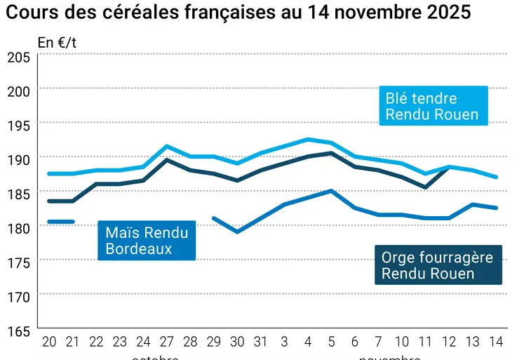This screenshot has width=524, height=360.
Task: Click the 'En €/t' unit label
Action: (x=58, y=42)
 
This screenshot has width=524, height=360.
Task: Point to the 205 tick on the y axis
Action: (x=18, y=57)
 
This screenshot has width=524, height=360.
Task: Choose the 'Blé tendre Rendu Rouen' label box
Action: (x=433, y=106)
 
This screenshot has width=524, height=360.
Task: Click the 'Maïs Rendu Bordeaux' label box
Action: (x=147, y=240)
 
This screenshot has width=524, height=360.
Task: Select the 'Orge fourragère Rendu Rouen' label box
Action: (x=438, y=265)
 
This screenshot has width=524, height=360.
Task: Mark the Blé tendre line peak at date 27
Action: (x=166, y=146)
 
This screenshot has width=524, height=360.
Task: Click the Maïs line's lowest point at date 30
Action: (x=237, y=232)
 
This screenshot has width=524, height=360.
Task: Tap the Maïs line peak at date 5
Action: (x=331, y=190)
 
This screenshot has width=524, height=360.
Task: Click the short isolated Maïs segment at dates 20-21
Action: (x=60, y=222)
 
